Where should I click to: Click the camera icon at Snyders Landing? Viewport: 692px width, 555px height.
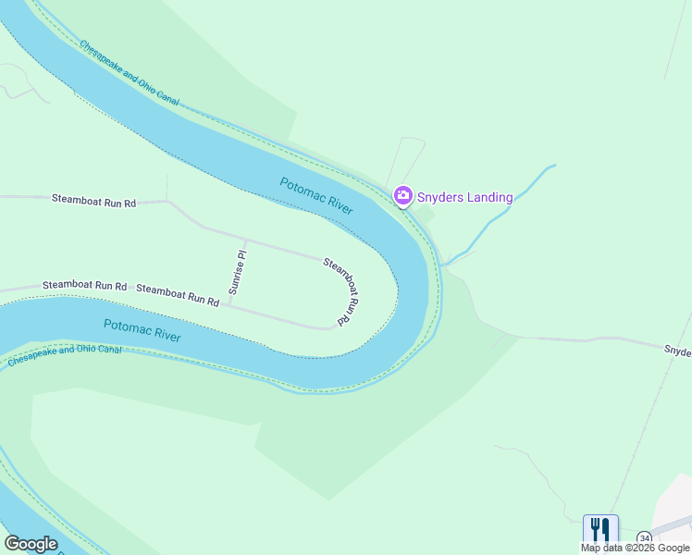402,195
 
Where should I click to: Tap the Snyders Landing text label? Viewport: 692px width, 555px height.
464,196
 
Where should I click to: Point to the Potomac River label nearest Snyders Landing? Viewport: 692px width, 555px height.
316,196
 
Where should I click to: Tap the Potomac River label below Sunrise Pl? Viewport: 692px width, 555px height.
142,330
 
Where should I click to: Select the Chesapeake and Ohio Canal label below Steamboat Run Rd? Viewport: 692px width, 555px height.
65,355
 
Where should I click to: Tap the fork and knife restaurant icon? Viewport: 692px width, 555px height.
600,529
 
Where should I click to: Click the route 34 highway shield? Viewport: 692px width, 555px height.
644,537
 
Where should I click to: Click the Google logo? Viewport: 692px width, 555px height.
30,544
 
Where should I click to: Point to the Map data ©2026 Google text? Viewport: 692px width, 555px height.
636,548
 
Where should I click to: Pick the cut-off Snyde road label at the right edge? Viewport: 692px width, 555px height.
677,351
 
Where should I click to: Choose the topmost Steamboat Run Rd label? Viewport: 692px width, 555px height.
93,199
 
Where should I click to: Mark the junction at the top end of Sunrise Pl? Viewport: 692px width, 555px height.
246,240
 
